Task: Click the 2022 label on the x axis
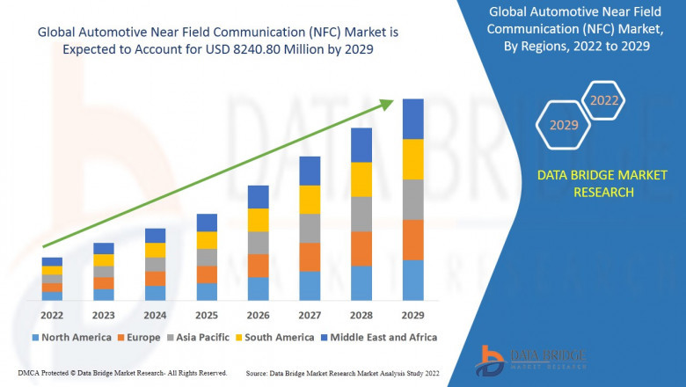[52, 314]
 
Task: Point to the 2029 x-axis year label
[412, 314]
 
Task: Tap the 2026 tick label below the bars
[258, 314]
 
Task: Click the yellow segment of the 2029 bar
[412, 159]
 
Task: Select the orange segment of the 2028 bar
[361, 249]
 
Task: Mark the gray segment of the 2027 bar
[310, 228]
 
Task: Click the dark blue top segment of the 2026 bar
[258, 196]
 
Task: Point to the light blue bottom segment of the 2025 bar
[207, 291]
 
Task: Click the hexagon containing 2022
[603, 100]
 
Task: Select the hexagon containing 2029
[564, 126]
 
